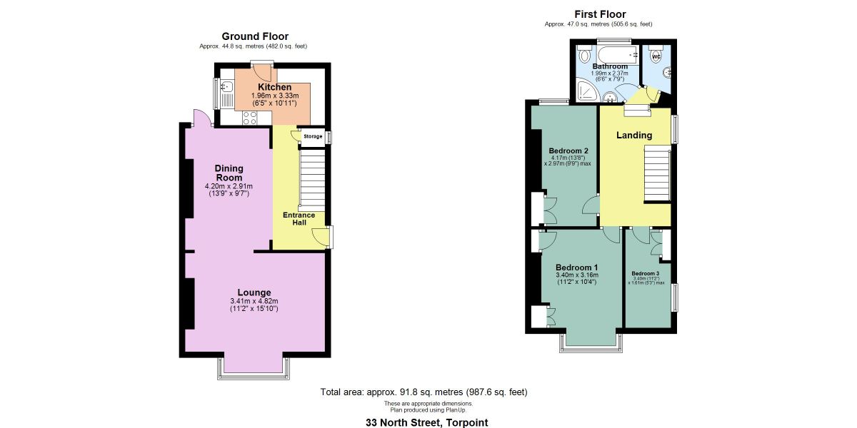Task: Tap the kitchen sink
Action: click(x=227, y=88)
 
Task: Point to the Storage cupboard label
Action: click(x=313, y=136)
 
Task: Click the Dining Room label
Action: click(x=229, y=173)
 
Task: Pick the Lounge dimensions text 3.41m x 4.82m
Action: click(x=254, y=302)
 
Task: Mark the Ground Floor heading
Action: click(x=255, y=36)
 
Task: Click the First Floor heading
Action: click(x=600, y=14)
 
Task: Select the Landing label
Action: click(x=634, y=136)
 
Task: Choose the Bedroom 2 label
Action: click(x=568, y=151)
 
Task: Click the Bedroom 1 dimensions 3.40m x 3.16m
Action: click(x=576, y=275)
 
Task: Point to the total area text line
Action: click(x=424, y=392)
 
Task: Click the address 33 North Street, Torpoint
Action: click(x=427, y=422)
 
